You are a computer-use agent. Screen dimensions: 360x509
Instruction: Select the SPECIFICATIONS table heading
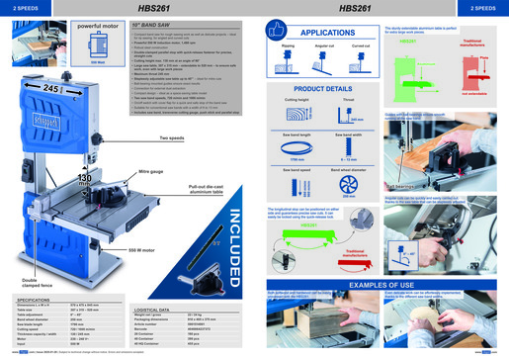(x=36, y=298)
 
